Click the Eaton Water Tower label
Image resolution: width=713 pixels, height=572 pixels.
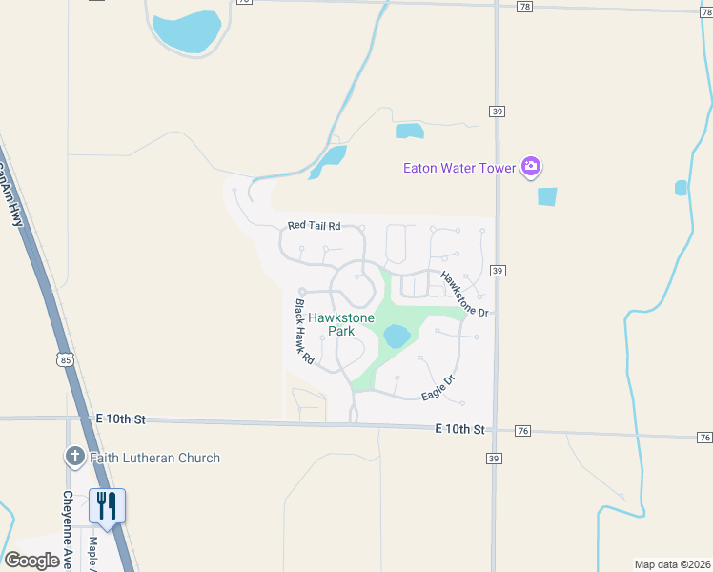tap(458, 168)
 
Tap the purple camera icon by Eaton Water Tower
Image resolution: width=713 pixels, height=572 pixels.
tap(531, 168)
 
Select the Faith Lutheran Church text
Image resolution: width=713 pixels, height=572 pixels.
tap(155, 458)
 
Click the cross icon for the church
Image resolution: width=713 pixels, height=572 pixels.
tap(75, 457)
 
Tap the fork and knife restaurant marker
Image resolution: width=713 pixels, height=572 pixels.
tap(107, 506)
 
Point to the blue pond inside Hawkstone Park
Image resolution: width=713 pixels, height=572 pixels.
tap(397, 336)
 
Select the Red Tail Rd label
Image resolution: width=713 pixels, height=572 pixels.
tap(314, 226)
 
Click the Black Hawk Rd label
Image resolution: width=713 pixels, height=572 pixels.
tap(304, 333)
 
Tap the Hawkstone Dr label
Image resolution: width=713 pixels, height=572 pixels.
tap(464, 294)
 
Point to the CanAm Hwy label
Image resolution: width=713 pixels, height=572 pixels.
tap(9, 190)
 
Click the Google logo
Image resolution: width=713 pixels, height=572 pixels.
tap(31, 560)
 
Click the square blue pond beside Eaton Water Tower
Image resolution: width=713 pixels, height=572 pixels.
tap(547, 197)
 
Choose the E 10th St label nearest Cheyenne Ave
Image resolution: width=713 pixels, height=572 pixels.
tap(120, 419)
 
